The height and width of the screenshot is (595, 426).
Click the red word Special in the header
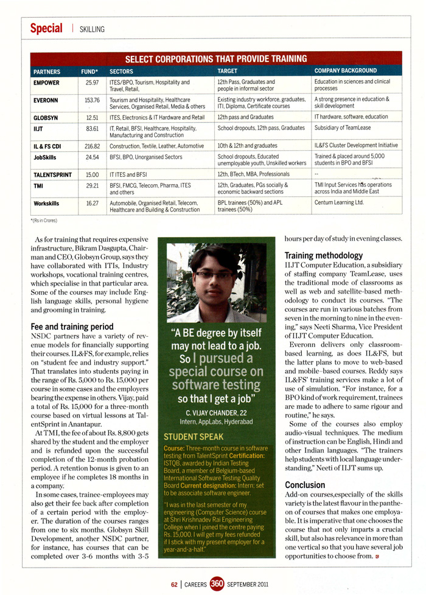[x=46, y=29]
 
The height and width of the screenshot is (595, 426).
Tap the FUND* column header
[x=89, y=71]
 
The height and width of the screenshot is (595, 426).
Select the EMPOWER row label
[x=46, y=82]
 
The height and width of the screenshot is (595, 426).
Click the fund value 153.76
[x=92, y=100]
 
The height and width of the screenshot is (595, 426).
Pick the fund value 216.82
[x=92, y=146]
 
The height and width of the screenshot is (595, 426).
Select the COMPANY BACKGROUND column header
[x=346, y=71]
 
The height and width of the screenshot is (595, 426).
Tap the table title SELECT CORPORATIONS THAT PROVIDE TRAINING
[x=215, y=59]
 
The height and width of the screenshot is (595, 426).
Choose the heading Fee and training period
[x=72, y=326]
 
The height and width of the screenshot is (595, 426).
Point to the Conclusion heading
[x=305, y=485]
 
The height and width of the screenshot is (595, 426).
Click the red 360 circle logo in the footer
[x=218, y=585]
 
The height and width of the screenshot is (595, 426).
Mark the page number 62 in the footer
[x=174, y=585]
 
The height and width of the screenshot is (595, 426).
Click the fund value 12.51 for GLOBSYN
[x=93, y=117]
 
